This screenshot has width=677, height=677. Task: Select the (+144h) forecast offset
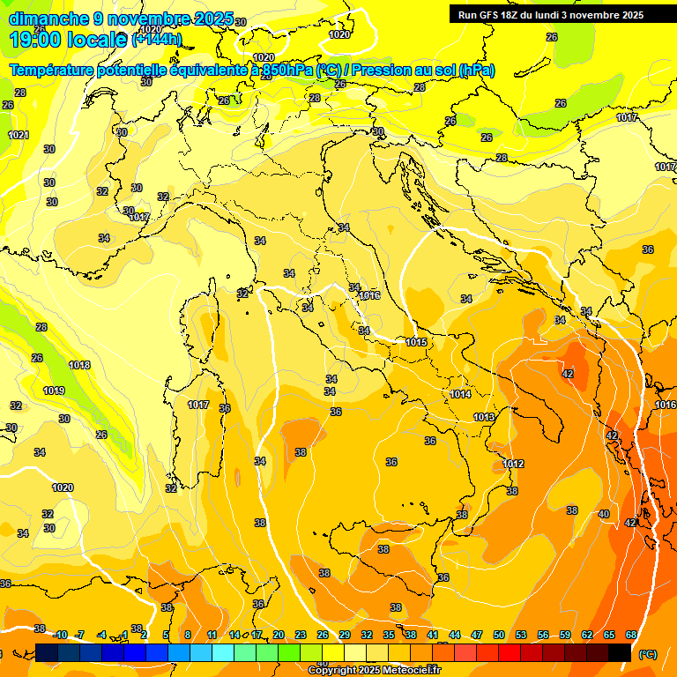tap(157, 40)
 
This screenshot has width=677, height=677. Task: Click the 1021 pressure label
tap(19, 135)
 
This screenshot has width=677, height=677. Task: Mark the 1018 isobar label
tap(79, 365)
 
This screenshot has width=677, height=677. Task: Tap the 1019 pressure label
tap(54, 391)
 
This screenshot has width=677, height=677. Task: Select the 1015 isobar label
tap(416, 342)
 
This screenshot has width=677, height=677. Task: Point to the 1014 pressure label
tap(459, 394)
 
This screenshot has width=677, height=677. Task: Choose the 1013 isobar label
tap(484, 417)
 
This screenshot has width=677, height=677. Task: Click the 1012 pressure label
tap(514, 464)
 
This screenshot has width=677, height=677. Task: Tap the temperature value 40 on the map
tap(603, 514)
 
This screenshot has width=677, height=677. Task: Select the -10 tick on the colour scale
tap(60, 635)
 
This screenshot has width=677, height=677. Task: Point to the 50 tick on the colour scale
tap(499, 635)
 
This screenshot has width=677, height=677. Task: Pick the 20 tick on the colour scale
tap(279, 635)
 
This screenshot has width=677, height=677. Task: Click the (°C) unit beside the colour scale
tap(647, 654)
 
